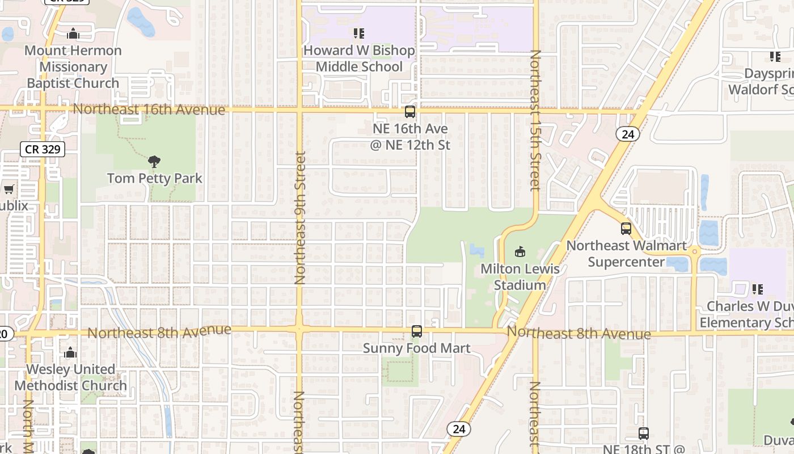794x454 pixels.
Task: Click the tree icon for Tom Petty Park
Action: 154,162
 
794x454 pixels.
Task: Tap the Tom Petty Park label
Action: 155,178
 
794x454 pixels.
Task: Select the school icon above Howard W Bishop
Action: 358,33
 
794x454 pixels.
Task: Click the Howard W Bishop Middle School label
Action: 359,58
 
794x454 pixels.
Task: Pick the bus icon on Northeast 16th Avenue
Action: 410,112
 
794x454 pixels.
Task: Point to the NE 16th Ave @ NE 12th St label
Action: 410,137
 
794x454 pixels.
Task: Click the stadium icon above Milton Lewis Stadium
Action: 520,251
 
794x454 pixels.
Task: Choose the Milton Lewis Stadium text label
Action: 520,276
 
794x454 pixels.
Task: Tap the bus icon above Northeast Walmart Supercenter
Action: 626,229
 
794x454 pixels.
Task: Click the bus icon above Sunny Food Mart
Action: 417,331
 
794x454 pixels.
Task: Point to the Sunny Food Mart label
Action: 417,348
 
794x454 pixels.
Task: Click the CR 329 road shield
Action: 43,150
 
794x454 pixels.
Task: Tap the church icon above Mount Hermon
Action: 73,34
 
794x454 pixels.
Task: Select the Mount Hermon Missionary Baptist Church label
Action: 74,66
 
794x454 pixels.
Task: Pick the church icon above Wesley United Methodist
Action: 70,353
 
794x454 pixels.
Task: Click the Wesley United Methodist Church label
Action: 71,377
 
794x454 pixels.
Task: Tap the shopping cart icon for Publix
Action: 9,189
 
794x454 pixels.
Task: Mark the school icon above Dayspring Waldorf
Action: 775,57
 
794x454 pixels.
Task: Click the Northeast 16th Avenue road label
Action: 149,109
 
